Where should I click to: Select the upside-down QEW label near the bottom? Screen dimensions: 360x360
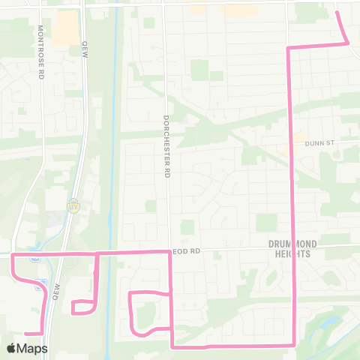pyautogui.click(x=56, y=289)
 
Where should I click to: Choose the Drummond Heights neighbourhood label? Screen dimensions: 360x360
pyautogui.click(x=299, y=248)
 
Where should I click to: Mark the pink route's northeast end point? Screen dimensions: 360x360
pyautogui.click(x=336, y=12)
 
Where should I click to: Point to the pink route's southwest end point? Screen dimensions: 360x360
pyautogui.click(x=25, y=333)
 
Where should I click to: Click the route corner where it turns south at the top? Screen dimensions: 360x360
pyautogui.click(x=289, y=48)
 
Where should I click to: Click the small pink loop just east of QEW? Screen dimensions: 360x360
pyautogui.click(x=83, y=307)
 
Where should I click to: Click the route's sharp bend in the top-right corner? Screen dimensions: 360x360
pyautogui.click(x=348, y=43)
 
